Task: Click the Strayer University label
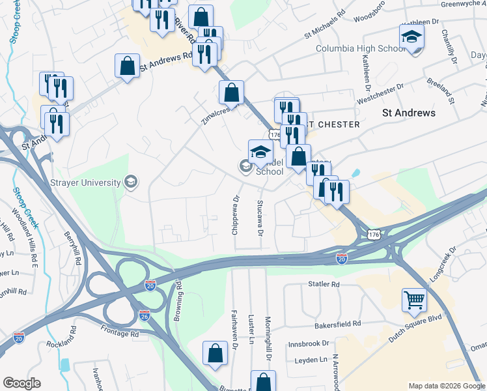(85, 182)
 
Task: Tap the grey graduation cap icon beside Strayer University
(132, 182)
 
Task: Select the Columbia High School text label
(361, 49)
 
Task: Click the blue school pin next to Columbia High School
(411, 38)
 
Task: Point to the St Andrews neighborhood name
(408, 113)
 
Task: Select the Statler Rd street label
(324, 285)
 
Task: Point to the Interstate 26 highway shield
(145, 316)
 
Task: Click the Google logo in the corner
(22, 383)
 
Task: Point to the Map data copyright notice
(446, 386)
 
